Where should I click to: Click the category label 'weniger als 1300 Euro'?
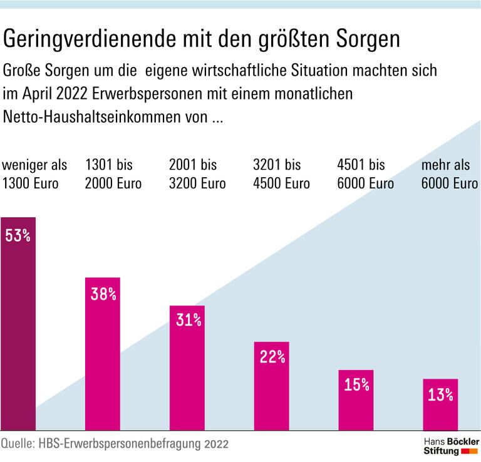tap(34, 175)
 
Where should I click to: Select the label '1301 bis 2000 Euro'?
tap(113, 175)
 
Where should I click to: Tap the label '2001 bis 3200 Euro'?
tap(197, 175)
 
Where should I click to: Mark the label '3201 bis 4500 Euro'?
tap(281, 175)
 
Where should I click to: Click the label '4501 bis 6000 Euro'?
tap(365, 175)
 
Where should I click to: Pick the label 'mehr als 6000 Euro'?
tap(449, 175)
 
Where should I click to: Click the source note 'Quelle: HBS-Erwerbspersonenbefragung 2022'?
tap(115, 444)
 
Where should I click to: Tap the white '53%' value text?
tap(18, 236)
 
